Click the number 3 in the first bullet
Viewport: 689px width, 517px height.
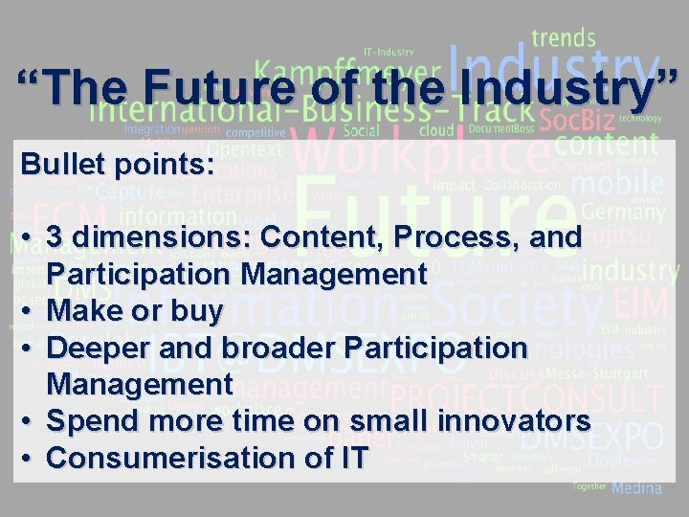coord(56,237)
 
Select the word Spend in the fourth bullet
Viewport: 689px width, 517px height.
coord(93,421)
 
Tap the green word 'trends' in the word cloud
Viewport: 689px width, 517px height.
coord(564,39)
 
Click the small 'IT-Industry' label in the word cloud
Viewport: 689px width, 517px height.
coord(388,52)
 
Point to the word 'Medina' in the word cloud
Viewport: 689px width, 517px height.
coord(637,488)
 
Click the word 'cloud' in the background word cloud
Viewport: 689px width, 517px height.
coord(436,129)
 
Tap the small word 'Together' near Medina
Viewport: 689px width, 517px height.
coord(589,486)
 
